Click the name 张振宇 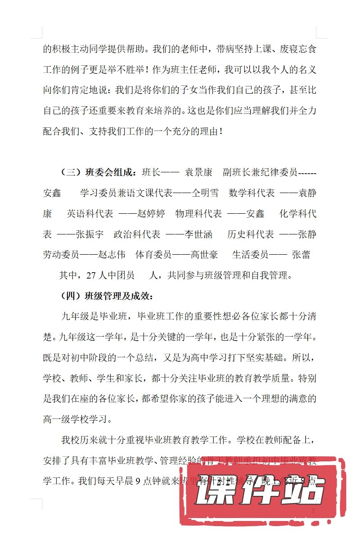[90, 234]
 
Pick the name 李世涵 [198, 234]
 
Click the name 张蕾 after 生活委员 [301, 255]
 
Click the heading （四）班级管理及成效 [107, 296]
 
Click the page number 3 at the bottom [313, 511]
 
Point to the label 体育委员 [153, 255]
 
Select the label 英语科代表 [90, 213]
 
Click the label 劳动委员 [61, 255]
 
